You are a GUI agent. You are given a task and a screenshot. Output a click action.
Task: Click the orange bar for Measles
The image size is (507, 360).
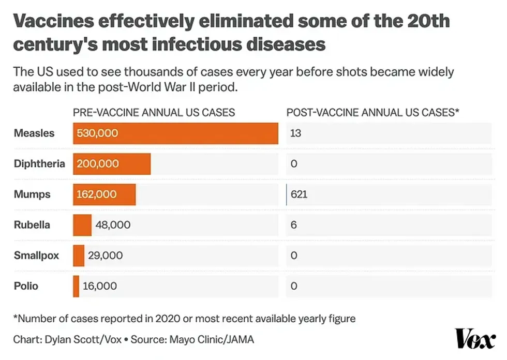pos(175,133)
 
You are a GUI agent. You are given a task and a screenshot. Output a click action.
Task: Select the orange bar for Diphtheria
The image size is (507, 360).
pos(112,164)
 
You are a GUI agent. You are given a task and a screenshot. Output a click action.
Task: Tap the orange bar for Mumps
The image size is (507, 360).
pos(104,194)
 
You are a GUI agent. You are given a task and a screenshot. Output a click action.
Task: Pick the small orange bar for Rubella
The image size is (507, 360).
pos(82,225)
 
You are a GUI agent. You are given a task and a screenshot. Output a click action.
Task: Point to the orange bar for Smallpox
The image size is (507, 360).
pos(79,256)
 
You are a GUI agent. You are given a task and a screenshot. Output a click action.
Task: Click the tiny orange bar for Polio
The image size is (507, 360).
pos(76,286)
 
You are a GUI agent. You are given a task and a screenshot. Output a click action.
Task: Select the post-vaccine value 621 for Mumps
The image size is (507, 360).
pos(299,194)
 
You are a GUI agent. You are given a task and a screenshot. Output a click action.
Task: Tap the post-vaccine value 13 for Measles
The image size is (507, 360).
pos(295,133)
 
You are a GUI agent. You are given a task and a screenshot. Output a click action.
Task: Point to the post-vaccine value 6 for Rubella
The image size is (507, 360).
pos(293,225)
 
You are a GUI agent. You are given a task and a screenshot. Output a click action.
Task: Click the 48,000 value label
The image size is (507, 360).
pos(113,225)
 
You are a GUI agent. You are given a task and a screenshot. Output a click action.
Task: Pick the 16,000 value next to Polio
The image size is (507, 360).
pos(100,286)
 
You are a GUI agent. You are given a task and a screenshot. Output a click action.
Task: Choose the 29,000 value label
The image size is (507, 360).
pos(106,256)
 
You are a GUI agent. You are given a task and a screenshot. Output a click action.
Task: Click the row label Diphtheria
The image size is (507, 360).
pos(39,164)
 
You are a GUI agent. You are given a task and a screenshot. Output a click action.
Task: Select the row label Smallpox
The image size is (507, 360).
pos(36,256)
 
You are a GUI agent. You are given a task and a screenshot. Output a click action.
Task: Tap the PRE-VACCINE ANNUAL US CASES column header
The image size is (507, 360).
pos(154,112)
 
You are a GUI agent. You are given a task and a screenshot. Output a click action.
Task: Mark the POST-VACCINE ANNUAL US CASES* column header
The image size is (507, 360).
pos(373,112)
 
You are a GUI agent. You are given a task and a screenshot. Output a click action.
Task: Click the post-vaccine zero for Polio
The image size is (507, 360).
pos(294,286)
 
